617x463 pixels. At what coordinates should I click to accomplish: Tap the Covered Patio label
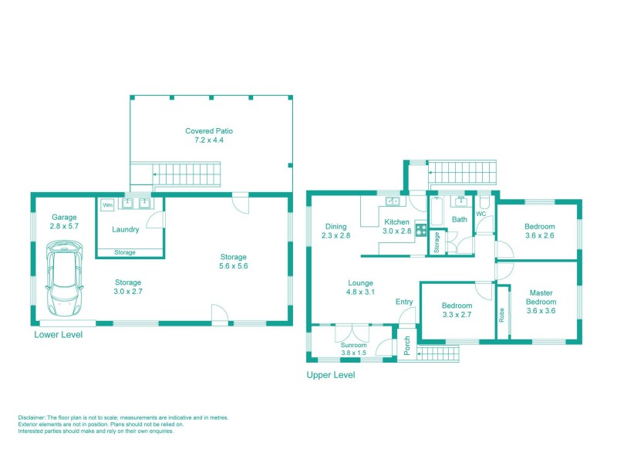(x=209, y=136)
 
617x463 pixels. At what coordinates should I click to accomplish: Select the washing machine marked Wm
(x=106, y=205)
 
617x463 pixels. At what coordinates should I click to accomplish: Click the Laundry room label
(x=125, y=229)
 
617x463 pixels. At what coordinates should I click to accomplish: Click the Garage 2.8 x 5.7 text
(x=63, y=221)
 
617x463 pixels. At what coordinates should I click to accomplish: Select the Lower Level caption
(x=58, y=336)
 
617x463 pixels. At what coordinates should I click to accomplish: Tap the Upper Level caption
(x=331, y=376)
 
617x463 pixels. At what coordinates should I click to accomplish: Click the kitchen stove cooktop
(x=421, y=229)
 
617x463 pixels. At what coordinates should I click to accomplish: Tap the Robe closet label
(x=503, y=316)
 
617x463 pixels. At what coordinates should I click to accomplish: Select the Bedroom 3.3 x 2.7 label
(x=457, y=309)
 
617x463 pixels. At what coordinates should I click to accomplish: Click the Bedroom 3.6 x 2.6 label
(x=540, y=231)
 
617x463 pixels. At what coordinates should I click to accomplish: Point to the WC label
(x=480, y=214)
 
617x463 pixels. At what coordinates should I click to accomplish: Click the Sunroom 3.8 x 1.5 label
(x=356, y=350)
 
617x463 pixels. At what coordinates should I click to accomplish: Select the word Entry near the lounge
(x=404, y=302)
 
